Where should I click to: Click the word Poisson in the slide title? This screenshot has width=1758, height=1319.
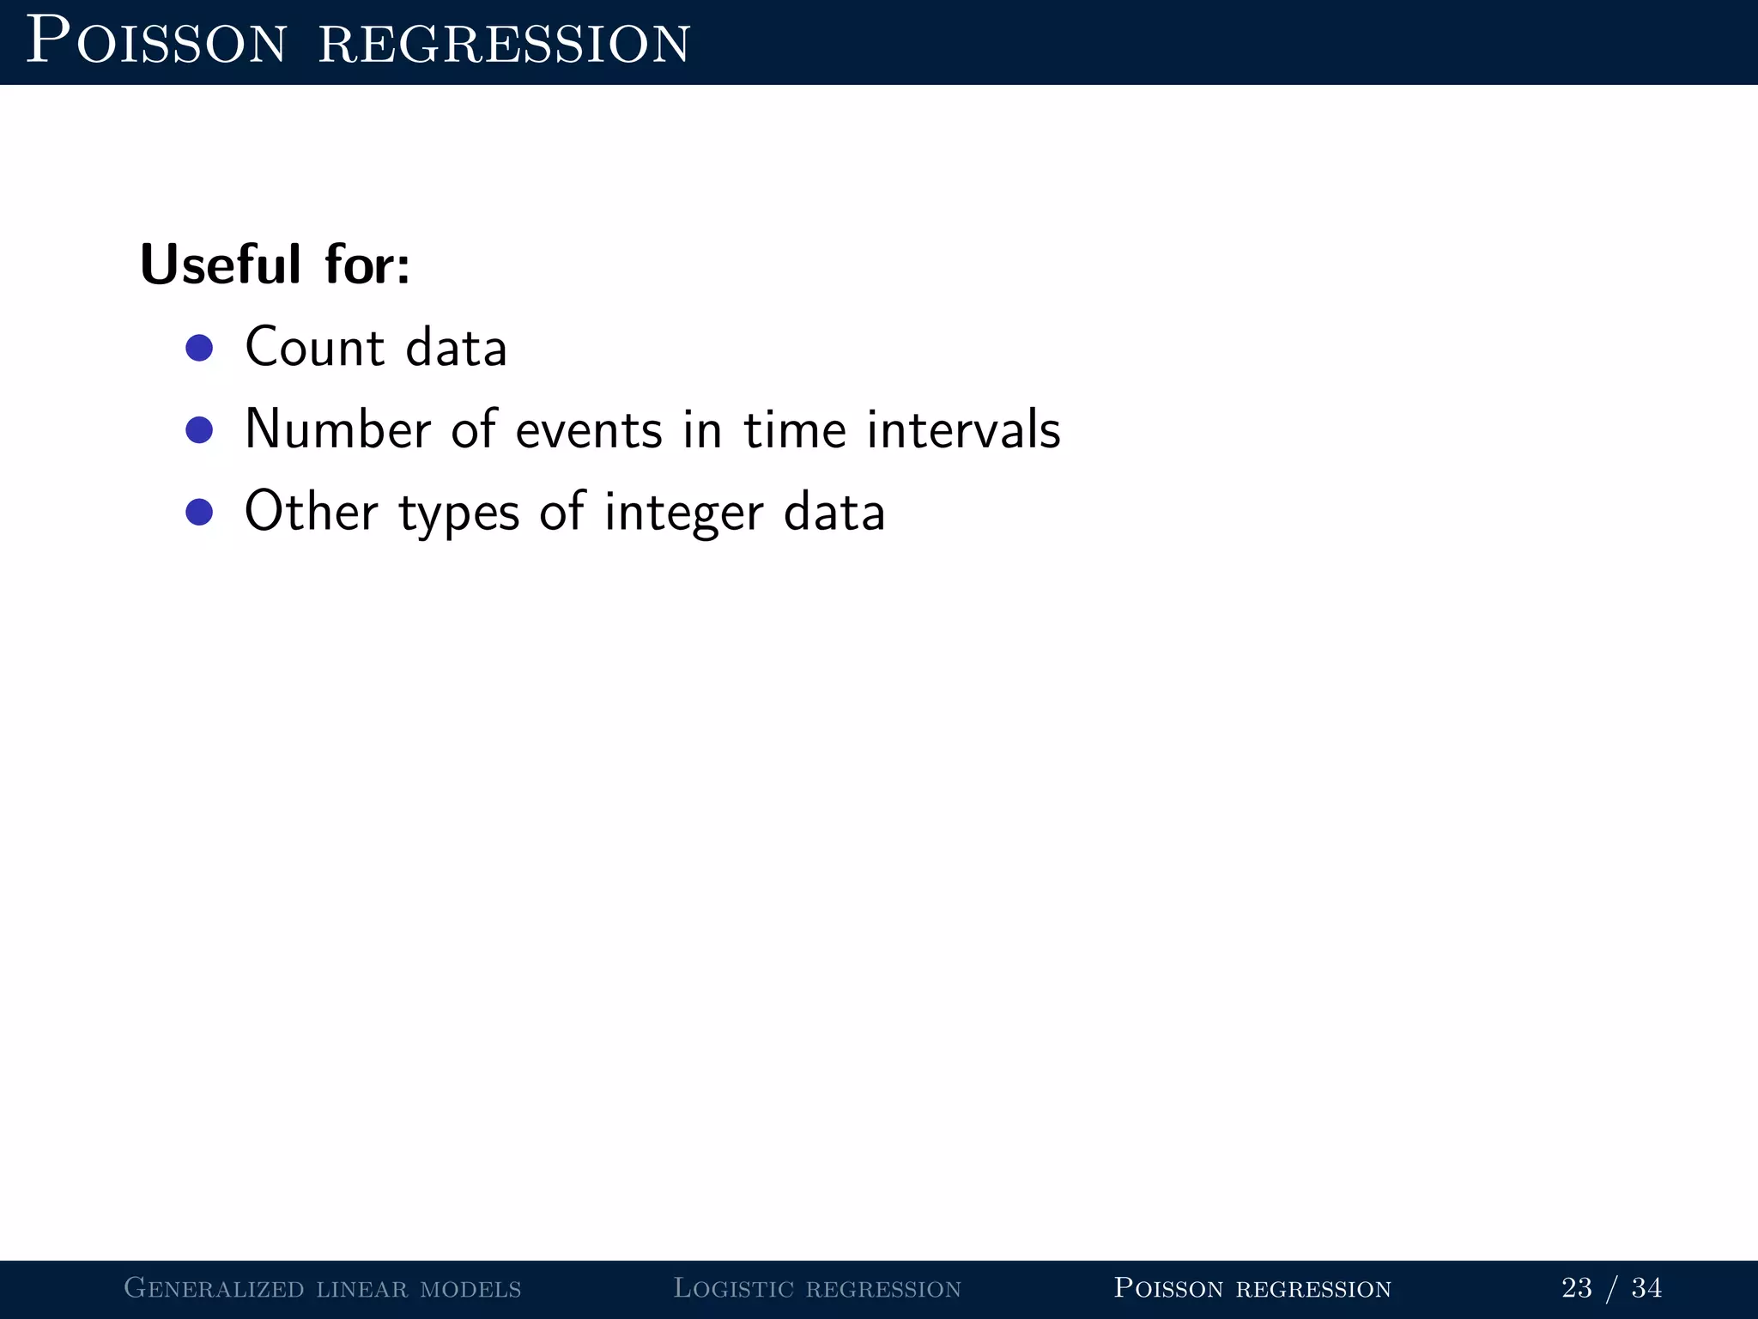tap(156, 41)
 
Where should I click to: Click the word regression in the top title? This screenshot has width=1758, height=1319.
tap(504, 43)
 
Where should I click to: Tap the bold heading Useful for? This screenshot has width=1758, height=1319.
tap(275, 264)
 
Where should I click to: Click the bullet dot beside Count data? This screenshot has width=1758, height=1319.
tap(199, 348)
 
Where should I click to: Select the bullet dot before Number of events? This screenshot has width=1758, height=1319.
tap(199, 429)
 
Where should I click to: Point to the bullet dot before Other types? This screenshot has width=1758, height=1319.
tap(199, 512)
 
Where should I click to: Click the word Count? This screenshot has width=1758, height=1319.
tap(314, 348)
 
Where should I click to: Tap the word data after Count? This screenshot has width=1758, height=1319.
tap(456, 348)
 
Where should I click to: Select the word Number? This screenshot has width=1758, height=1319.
tap(337, 429)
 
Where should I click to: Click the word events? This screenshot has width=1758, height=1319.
tap(589, 429)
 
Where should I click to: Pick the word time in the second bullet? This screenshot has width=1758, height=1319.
tap(795, 429)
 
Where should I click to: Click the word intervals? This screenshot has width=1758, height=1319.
tap(963, 429)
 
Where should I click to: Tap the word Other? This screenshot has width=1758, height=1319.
tap(311, 512)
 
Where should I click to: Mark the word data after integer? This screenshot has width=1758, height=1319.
tap(834, 512)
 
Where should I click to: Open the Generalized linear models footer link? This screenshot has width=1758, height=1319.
tap(323, 1288)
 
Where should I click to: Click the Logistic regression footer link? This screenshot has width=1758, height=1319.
tap(816, 1288)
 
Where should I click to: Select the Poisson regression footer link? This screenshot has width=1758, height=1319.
tap(1252, 1288)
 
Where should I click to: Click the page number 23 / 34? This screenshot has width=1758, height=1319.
tap(1611, 1288)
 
